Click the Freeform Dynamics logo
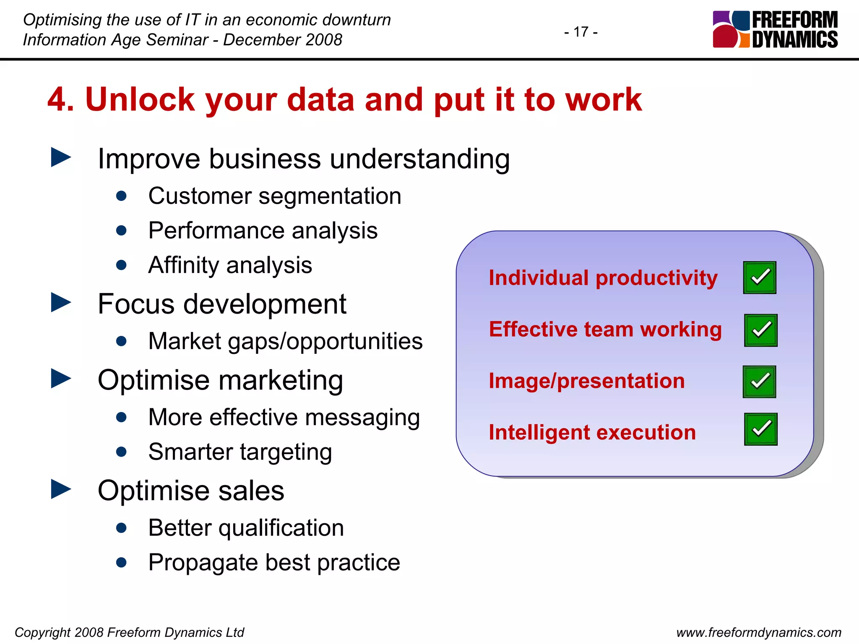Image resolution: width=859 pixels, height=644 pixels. (775, 29)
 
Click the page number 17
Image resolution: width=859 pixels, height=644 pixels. (581, 32)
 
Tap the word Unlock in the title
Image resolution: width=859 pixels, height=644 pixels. (140, 100)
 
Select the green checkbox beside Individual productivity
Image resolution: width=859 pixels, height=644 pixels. (760, 278)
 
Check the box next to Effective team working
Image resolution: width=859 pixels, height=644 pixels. (760, 330)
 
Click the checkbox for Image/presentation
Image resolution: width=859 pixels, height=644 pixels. (759, 382)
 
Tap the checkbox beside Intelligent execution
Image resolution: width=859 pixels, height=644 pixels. (760, 429)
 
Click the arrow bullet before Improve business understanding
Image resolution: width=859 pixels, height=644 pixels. (61, 157)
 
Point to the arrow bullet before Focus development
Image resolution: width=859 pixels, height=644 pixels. (61, 302)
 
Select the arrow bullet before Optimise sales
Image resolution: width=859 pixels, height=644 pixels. (61, 489)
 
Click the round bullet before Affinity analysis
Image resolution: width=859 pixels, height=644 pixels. (122, 265)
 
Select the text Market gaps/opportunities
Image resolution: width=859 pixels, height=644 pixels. (285, 341)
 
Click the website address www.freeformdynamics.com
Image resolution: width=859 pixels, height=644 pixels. (759, 632)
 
